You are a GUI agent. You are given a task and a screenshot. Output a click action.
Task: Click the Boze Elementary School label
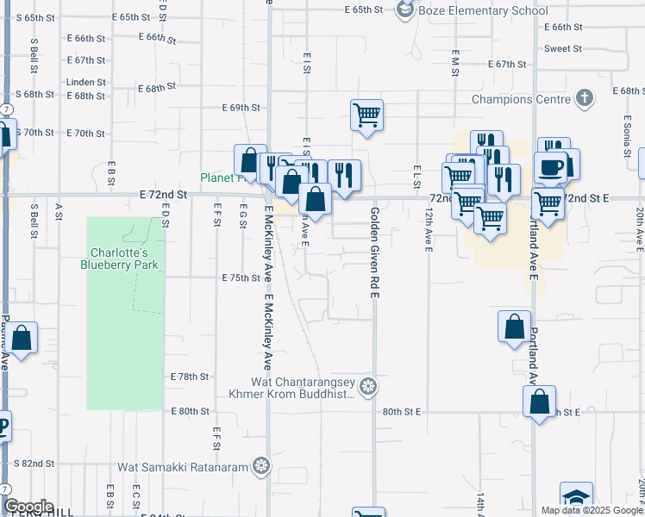pos(482,10)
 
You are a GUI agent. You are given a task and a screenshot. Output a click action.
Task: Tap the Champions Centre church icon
pos(584,98)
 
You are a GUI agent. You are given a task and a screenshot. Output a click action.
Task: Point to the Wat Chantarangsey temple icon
pos(369,385)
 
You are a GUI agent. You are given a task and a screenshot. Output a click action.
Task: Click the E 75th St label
pos(241,278)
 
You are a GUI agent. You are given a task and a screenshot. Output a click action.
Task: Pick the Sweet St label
pos(563,48)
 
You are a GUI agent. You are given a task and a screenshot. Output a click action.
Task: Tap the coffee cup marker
pos(549,166)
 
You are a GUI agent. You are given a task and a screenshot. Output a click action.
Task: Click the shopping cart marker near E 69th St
pos(366,114)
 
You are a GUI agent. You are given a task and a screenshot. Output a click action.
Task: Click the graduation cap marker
pos(576,498)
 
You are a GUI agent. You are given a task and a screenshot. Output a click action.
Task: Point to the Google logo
pos(28,507)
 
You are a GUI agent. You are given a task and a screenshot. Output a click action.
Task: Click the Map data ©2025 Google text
pos(591,510)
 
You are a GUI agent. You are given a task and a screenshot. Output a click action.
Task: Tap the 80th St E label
pos(401,413)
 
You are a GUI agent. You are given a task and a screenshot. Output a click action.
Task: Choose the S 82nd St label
pos(36,464)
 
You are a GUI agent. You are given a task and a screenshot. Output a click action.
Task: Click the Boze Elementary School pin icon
pos(404,9)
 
